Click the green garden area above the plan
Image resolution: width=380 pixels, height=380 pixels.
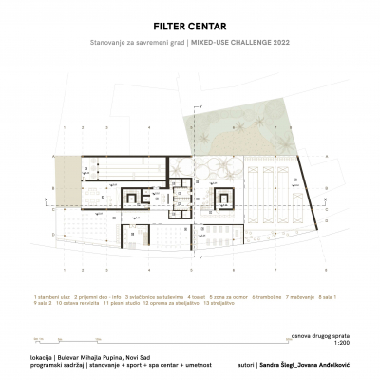click(x=256, y=123)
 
